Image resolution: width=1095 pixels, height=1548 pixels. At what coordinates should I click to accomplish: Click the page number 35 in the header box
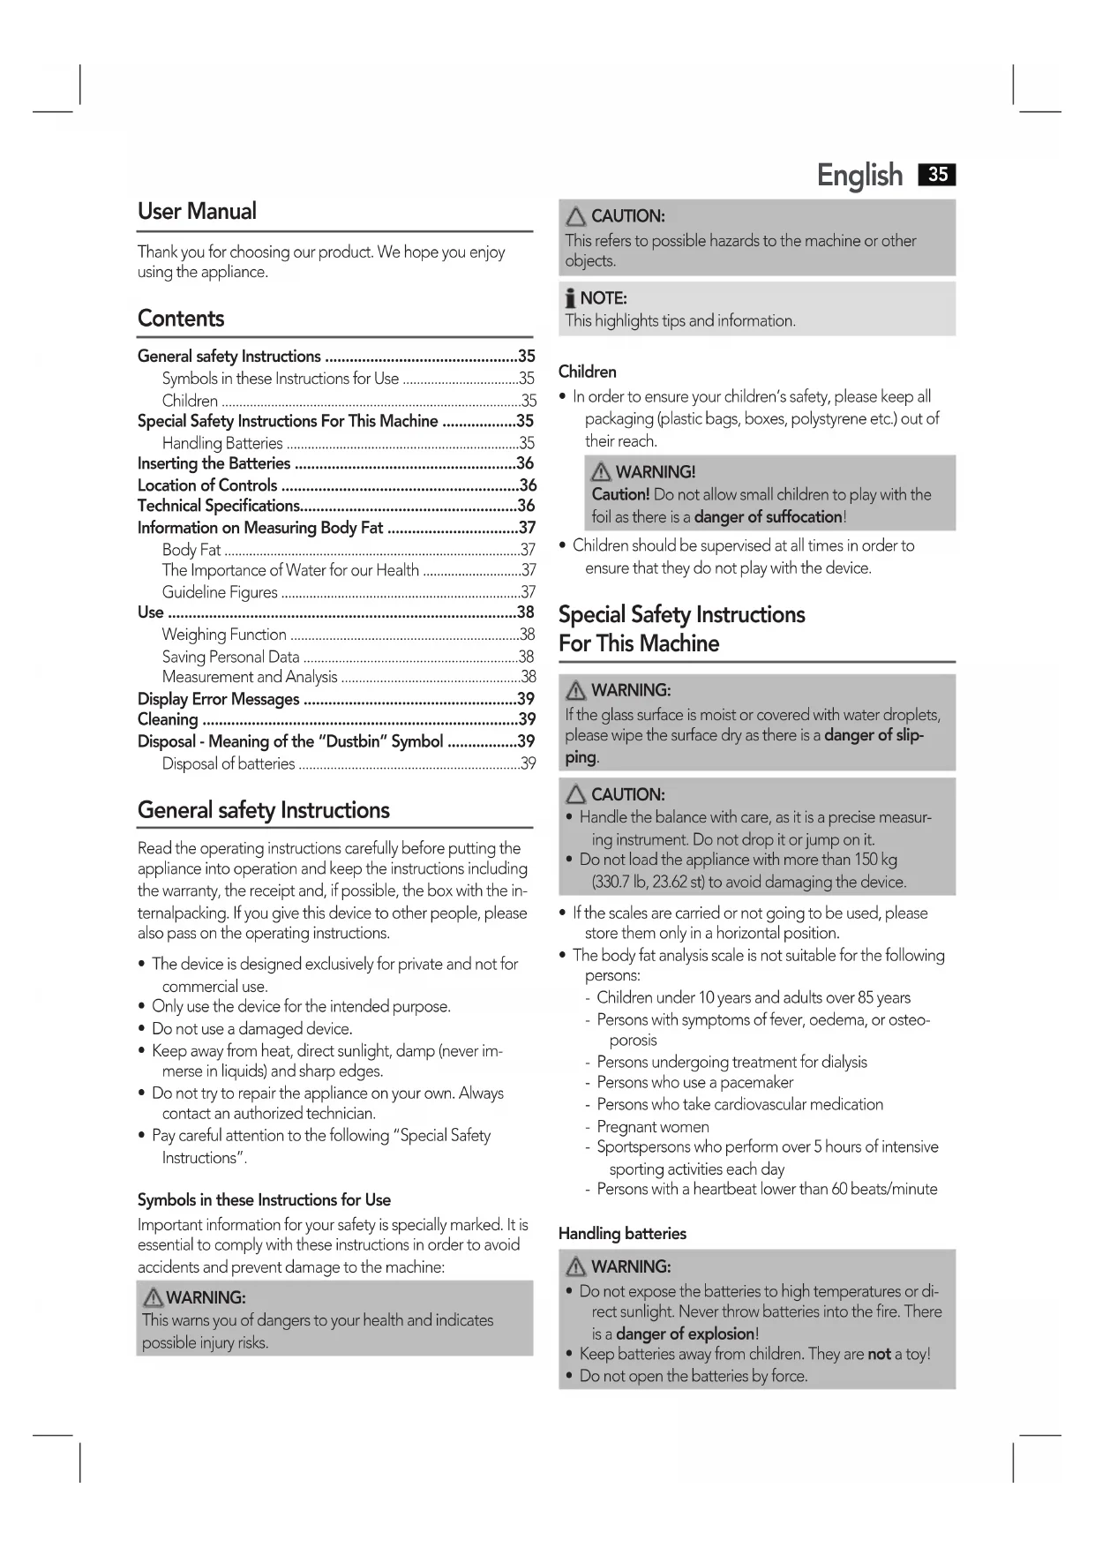coord(937,175)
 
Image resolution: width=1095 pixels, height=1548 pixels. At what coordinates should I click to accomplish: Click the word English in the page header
coord(859,176)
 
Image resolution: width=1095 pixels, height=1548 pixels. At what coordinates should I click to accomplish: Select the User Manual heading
coord(197,212)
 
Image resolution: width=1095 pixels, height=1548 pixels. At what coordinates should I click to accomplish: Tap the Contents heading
coord(181,319)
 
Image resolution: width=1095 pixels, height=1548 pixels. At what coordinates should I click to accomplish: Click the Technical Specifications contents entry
coord(219,506)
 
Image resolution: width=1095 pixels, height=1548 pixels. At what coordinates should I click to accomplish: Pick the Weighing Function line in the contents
coord(224,635)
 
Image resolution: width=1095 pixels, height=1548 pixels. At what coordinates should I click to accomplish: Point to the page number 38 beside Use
coord(526,612)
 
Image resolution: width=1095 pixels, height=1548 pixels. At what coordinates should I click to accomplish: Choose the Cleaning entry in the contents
coord(168,719)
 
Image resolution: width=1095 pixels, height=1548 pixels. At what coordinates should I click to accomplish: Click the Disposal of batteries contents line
coord(229,763)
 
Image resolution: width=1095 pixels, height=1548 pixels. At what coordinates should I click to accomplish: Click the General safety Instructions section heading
coord(263,810)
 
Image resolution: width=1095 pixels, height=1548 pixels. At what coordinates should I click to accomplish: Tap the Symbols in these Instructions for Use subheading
coord(264,1199)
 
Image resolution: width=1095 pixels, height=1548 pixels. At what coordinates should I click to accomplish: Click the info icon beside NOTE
coord(571,298)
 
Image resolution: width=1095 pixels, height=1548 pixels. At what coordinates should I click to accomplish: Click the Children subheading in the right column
coord(587,372)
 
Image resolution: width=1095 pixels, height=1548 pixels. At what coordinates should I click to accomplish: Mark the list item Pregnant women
coord(652,1126)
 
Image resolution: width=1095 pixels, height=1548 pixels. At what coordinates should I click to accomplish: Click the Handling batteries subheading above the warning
coord(622,1233)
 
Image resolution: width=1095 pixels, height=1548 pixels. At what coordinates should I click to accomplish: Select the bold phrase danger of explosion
coord(685,1334)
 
